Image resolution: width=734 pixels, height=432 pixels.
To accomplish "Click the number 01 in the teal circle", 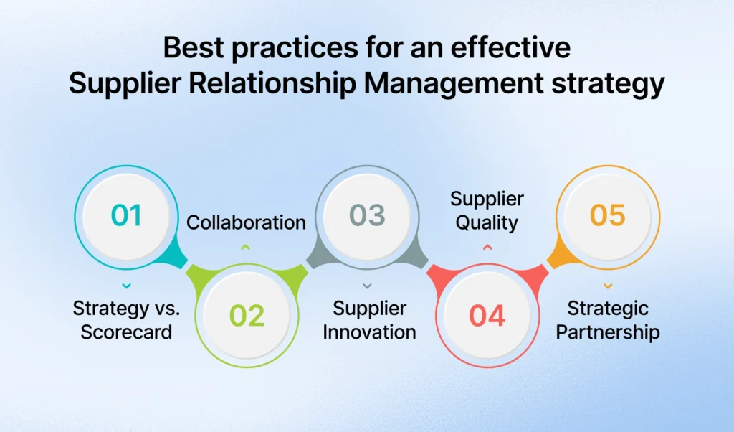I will pyautogui.click(x=126, y=216).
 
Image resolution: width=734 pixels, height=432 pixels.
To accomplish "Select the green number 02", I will pyautogui.click(x=247, y=316).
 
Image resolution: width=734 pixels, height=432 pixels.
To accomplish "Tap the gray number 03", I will pyautogui.click(x=367, y=216).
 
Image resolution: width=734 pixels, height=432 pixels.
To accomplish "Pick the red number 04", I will pyautogui.click(x=487, y=316).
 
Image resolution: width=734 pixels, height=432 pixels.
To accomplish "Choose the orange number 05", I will pyautogui.click(x=607, y=216).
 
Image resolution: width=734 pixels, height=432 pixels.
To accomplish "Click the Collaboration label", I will pyautogui.click(x=246, y=222).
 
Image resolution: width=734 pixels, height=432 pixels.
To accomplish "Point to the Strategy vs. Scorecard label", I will pyautogui.click(x=126, y=320).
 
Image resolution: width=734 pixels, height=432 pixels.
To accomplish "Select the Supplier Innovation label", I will pyautogui.click(x=367, y=320).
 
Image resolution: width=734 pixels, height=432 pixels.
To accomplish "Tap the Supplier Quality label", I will pyautogui.click(x=487, y=210).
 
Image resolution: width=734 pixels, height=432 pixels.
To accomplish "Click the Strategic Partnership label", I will pyautogui.click(x=608, y=320).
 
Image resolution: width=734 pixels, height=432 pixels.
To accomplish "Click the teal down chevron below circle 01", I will pyautogui.click(x=126, y=286).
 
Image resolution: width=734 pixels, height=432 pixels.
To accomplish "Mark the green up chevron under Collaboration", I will pyautogui.click(x=246, y=248).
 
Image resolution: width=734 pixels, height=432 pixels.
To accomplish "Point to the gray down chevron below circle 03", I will pyautogui.click(x=367, y=286).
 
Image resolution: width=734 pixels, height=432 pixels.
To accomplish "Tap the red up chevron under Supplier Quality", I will pyautogui.click(x=487, y=248).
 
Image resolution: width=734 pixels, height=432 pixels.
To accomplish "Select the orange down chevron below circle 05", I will pyautogui.click(x=608, y=286).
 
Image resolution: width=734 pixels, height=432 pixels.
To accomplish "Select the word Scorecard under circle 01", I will pyautogui.click(x=126, y=332).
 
